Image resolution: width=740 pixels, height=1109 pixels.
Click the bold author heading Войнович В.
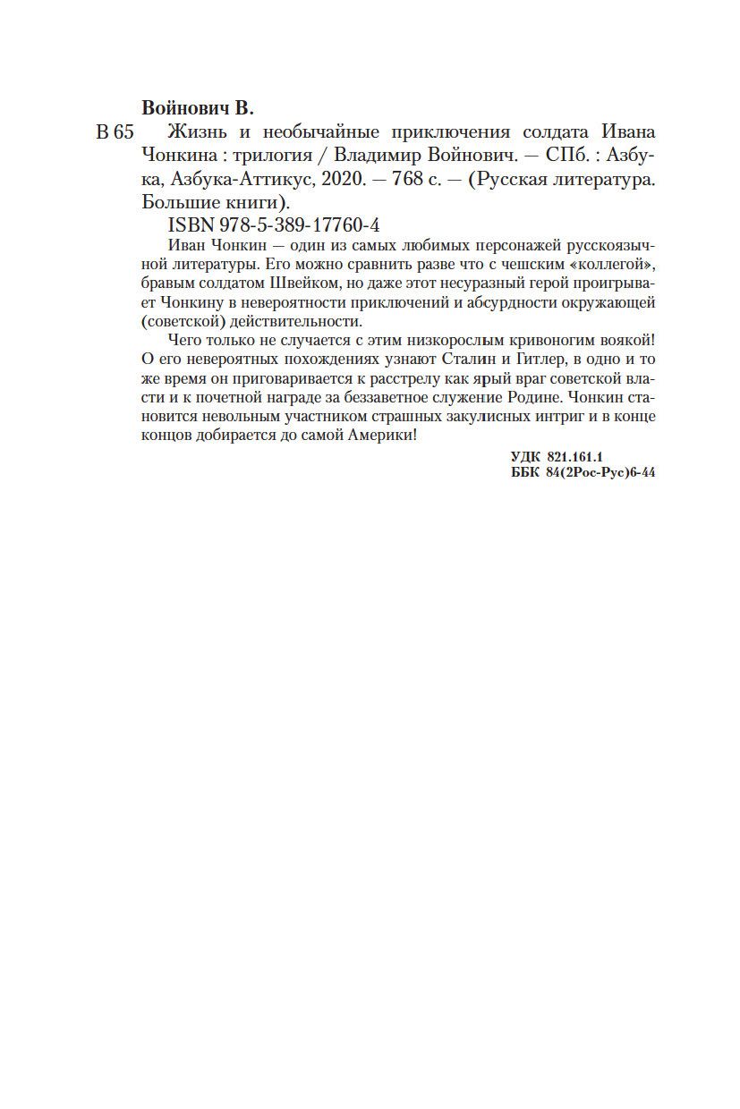click(198, 108)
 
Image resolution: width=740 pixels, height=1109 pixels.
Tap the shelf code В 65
click(114, 132)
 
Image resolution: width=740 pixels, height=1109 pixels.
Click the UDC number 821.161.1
click(574, 457)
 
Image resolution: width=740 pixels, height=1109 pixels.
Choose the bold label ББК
click(521, 474)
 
